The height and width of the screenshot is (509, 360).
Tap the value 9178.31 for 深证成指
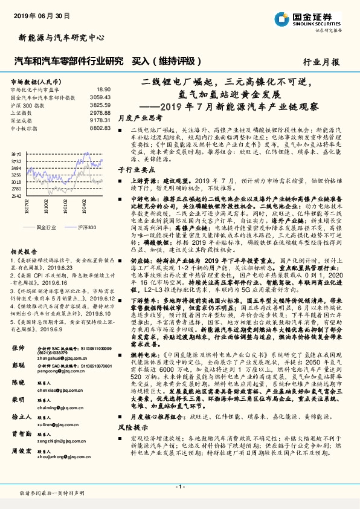100,120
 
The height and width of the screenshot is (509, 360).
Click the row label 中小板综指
24,128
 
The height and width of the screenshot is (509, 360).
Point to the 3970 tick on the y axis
16,155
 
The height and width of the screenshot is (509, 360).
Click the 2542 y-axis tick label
16,196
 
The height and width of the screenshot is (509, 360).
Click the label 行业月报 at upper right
321,62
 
